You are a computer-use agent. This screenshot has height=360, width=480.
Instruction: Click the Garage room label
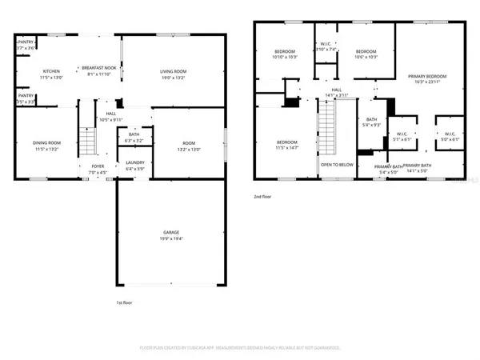(166, 235)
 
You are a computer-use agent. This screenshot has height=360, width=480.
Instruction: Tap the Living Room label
(173, 74)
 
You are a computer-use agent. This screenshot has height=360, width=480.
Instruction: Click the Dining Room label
(47, 146)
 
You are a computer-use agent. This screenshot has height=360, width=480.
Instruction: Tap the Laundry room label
(135, 166)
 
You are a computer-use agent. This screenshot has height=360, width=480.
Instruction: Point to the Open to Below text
(338, 165)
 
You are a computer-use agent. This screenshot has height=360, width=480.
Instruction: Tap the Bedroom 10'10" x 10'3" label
(285, 54)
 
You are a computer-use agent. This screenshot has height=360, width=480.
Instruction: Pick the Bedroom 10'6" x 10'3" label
(366, 54)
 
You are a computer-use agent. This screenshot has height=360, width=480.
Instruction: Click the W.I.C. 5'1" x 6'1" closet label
(398, 135)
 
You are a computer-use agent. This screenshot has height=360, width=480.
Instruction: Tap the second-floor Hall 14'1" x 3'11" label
(337, 92)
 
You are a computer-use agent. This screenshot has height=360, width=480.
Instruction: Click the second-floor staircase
(326, 128)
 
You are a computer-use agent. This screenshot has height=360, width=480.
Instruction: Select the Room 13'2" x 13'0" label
(187, 146)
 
